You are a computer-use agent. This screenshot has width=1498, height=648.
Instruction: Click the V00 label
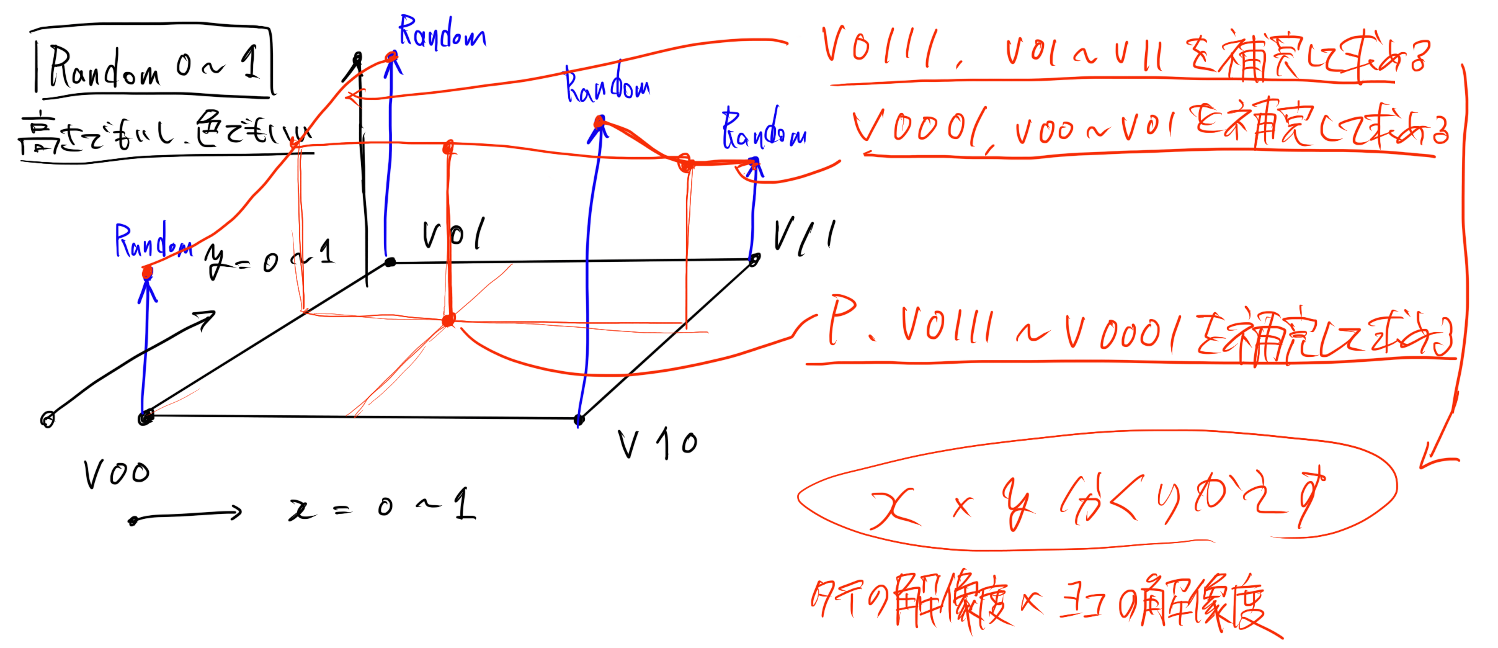click(x=117, y=475)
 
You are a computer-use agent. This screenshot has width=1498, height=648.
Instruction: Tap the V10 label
click(x=658, y=444)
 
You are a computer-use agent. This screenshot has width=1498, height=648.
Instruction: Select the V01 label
click(x=453, y=235)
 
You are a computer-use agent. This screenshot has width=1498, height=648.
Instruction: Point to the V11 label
click(x=804, y=236)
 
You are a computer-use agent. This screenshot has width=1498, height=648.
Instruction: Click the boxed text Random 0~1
click(x=152, y=63)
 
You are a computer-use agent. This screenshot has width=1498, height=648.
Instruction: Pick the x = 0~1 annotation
click(x=381, y=506)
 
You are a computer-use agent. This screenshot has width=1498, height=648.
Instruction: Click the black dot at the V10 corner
click(x=579, y=420)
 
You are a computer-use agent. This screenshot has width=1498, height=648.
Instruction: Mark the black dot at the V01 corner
click(x=390, y=262)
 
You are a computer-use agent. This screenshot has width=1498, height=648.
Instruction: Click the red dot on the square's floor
click(x=448, y=320)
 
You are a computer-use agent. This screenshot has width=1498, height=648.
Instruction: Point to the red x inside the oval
click(x=893, y=509)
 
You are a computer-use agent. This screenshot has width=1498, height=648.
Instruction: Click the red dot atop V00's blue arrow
click(x=147, y=272)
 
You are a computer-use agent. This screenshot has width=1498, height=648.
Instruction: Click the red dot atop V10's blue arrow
click(x=599, y=122)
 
